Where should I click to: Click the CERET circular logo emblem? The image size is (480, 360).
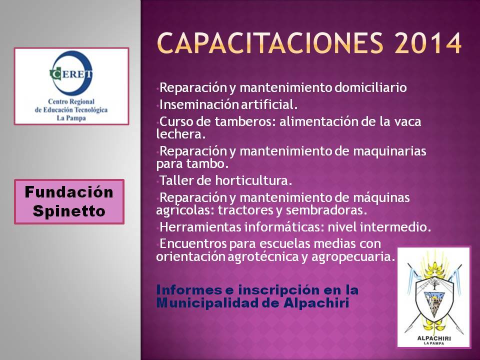point(71,73)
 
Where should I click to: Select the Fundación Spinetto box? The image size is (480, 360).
point(69,201)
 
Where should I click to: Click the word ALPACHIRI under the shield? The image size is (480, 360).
point(434,338)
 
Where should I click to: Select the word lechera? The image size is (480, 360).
point(180,134)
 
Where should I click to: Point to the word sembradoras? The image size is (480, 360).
point(326,210)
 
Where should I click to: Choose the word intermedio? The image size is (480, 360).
point(395,227)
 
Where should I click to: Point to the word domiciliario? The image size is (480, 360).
point(370,87)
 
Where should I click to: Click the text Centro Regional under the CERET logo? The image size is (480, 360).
point(71,101)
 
